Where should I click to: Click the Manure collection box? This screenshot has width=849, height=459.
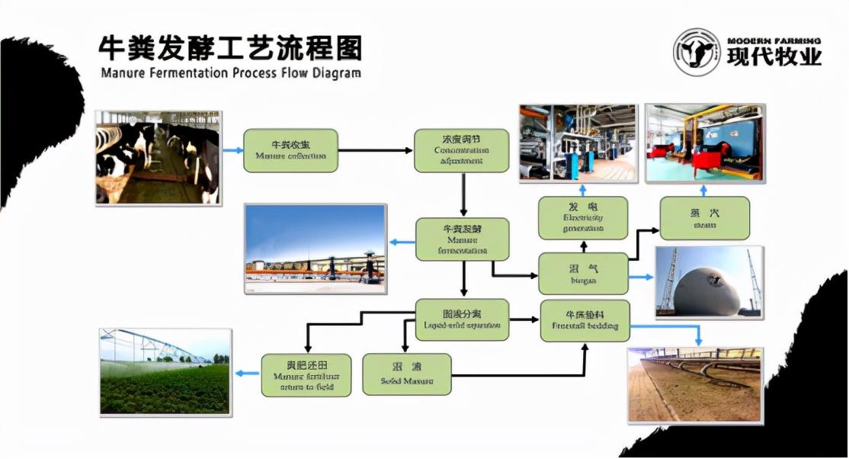(x=290, y=150)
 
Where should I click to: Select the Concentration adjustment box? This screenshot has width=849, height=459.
(x=461, y=150)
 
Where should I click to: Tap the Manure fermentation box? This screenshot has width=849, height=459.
(x=462, y=239)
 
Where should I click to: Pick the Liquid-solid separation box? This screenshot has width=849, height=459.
(x=462, y=319)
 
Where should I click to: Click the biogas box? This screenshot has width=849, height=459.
(x=583, y=274)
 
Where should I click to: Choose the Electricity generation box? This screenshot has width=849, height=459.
(x=583, y=217)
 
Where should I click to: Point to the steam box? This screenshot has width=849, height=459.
(x=704, y=218)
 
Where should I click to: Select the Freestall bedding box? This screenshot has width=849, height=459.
(x=585, y=320)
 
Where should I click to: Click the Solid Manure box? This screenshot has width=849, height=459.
(x=407, y=374)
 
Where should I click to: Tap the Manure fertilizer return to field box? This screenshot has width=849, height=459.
(x=306, y=374)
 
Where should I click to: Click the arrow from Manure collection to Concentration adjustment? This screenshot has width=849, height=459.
(x=373, y=150)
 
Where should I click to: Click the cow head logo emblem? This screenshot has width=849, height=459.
(x=696, y=52)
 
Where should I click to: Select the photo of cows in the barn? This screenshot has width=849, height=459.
(x=158, y=157)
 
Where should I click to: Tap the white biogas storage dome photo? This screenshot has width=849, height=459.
(x=709, y=282)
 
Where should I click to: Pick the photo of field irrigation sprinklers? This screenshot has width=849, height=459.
(x=165, y=371)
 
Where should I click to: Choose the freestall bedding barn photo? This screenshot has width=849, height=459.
(x=694, y=385)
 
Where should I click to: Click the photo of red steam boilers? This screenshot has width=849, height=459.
(x=704, y=143)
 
